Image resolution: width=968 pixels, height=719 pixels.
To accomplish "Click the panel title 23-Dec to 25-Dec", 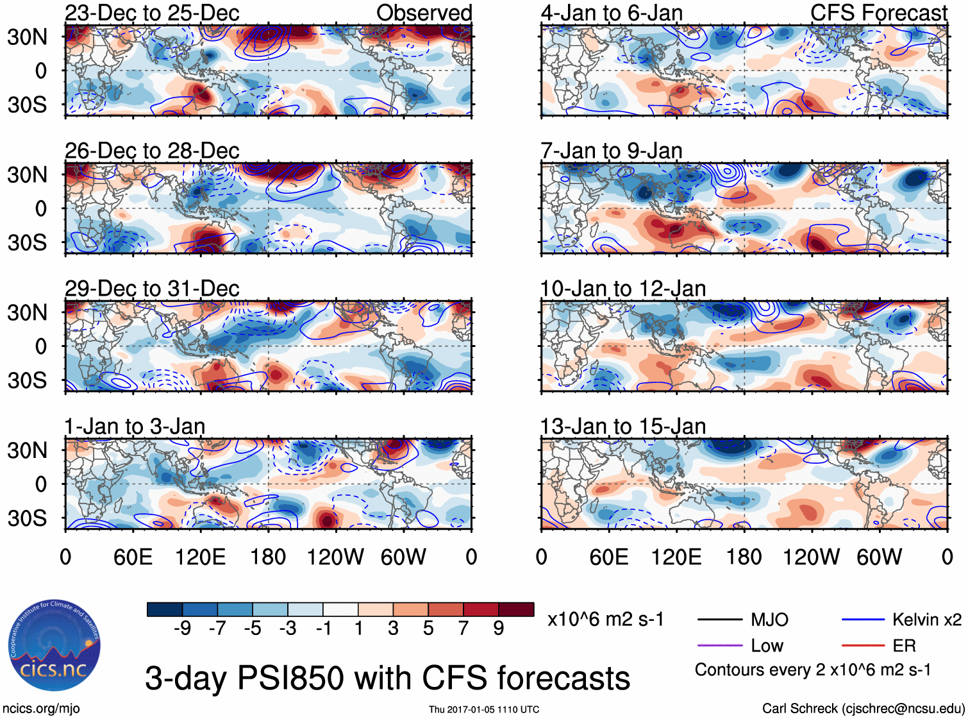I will [152, 13].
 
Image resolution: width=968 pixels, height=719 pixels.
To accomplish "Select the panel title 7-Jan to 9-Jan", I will [611, 151].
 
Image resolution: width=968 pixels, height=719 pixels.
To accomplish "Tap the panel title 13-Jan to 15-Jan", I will [622, 427].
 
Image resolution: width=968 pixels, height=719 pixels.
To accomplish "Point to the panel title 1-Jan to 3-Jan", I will [135, 427].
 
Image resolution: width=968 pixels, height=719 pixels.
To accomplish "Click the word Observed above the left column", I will [424, 13].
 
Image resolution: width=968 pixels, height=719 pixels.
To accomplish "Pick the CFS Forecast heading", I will [878, 13].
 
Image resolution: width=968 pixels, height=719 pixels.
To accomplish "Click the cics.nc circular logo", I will [54, 647].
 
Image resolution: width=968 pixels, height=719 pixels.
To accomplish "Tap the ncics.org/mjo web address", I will [41, 708].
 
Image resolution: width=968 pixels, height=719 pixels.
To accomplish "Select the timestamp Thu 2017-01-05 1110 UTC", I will [484, 709].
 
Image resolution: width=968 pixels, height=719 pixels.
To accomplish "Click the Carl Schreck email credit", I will [863, 708].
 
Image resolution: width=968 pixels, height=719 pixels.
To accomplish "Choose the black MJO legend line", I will [719, 620].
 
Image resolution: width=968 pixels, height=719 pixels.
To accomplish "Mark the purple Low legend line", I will [719, 646].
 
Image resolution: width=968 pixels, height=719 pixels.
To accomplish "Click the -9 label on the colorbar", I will [182, 628].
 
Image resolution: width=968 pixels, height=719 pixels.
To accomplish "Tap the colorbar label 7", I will [463, 628].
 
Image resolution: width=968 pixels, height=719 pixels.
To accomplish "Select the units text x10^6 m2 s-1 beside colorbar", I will [605, 620].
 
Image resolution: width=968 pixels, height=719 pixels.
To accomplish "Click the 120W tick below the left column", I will [335, 557].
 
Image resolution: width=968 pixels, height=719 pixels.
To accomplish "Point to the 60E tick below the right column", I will [609, 557].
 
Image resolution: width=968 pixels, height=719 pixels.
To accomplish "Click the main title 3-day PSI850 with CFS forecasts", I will [387, 678].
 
